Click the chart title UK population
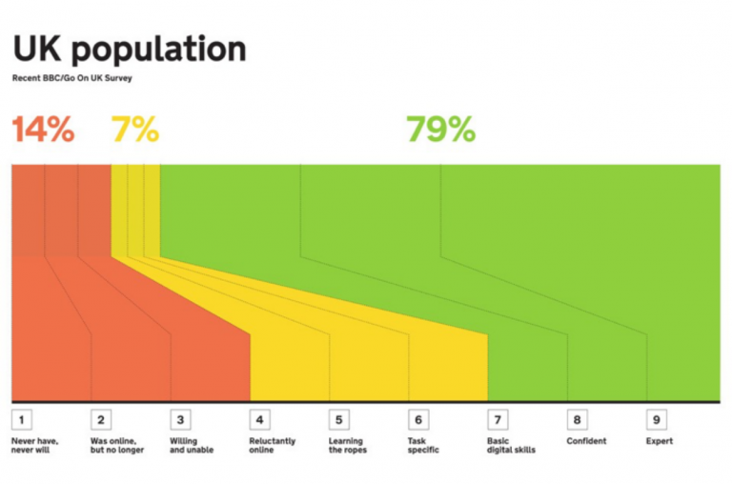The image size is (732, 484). [x=129, y=50]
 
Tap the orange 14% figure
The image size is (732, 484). [x=43, y=129]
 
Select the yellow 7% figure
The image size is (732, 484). [x=135, y=129]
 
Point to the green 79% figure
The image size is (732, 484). [x=440, y=129]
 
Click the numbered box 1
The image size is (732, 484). [x=21, y=419]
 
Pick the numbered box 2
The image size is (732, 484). [x=100, y=419]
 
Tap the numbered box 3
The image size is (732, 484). [x=179, y=419]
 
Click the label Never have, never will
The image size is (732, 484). [x=34, y=446]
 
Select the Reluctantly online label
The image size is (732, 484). [x=273, y=446]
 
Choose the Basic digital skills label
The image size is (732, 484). [x=512, y=446]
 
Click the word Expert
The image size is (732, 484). [x=660, y=441]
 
